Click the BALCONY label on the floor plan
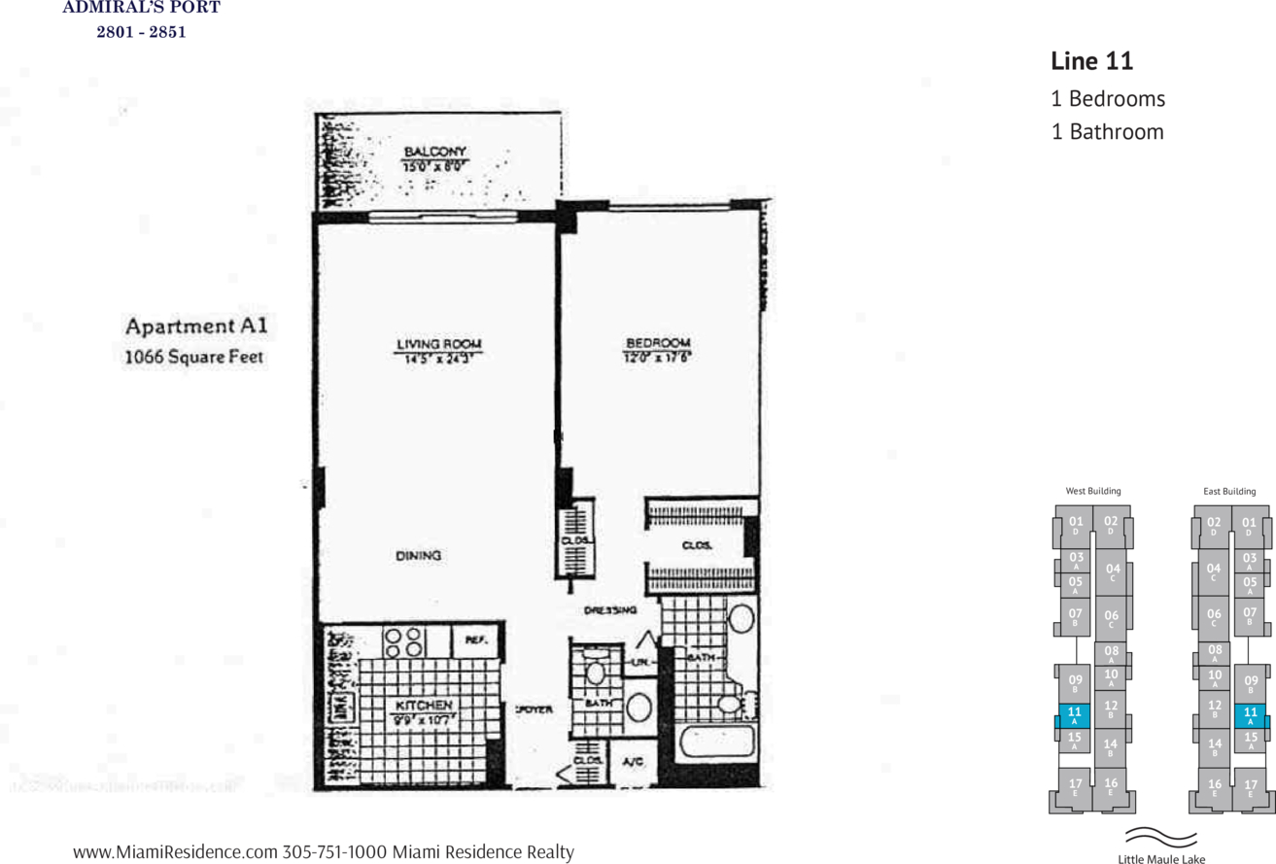coord(435,152)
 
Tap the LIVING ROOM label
coord(439,344)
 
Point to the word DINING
coord(419,556)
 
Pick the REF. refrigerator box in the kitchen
coord(476,640)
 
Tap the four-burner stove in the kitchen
coord(403,641)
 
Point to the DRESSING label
coord(610,610)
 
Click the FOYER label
coord(534,710)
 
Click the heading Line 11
coord(1092,61)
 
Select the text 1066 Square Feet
coord(194,358)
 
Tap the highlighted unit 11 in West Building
coord(1074,716)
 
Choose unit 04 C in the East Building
coord(1213,572)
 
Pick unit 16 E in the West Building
coord(1111,786)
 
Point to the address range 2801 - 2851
coord(141,32)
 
